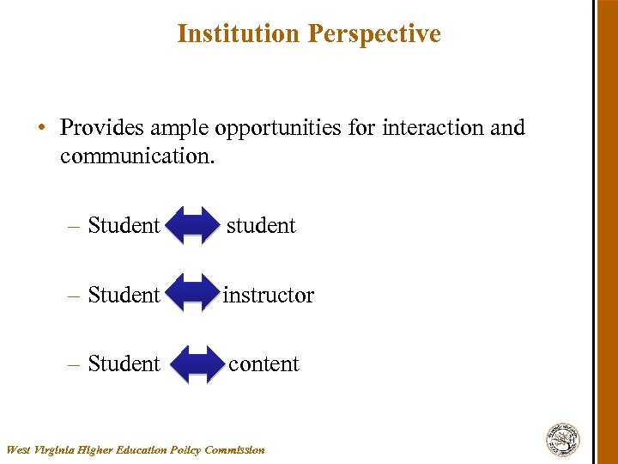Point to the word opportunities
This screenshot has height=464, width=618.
click(278, 129)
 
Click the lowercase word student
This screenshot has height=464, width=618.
click(261, 225)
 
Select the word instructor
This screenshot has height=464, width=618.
click(269, 295)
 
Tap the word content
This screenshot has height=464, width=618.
click(264, 363)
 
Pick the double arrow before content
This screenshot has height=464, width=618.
click(197, 364)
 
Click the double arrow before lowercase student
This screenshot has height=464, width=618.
click(193, 226)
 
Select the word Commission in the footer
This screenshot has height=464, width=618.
click(234, 449)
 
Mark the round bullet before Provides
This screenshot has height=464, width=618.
click(41, 128)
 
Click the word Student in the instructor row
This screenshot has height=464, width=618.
click(124, 295)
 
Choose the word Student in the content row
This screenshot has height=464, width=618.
click(124, 363)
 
